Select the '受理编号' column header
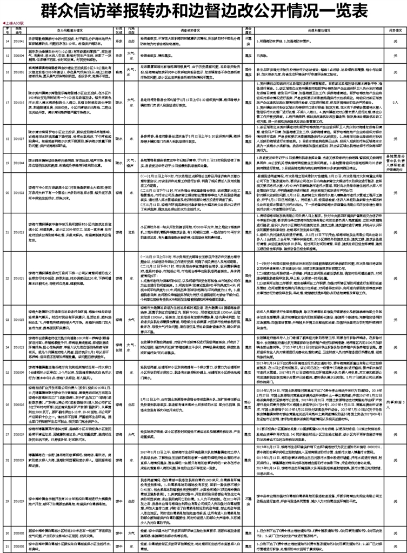pos(18,30)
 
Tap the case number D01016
pos(18,100)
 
